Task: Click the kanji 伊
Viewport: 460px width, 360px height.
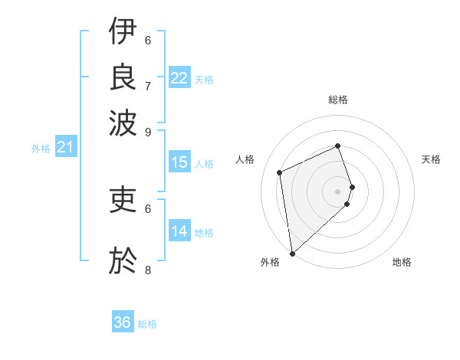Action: click(x=123, y=32)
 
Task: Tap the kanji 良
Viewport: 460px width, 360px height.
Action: click(x=123, y=76)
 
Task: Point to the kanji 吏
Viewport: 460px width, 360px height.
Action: click(x=123, y=201)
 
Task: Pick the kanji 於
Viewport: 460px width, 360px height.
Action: click(x=123, y=261)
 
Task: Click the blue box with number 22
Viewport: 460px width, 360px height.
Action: click(x=179, y=78)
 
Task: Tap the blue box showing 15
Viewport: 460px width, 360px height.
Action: click(x=179, y=162)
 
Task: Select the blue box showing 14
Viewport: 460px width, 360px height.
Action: click(x=179, y=231)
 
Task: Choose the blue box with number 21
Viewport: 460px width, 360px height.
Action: click(x=65, y=147)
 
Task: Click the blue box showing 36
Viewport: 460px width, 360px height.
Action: click(x=123, y=322)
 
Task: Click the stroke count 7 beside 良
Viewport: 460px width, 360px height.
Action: click(x=148, y=85)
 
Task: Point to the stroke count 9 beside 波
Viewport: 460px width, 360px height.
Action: click(x=148, y=131)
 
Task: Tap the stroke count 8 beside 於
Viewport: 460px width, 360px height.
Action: click(x=148, y=270)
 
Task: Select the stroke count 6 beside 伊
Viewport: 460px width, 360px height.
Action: click(x=148, y=40)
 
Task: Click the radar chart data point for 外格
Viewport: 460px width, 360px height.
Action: click(x=292, y=254)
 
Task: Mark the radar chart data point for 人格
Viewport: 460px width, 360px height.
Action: click(x=280, y=172)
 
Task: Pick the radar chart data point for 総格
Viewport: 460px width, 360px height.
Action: click(x=337, y=146)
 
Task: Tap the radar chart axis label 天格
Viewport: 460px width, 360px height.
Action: click(x=431, y=159)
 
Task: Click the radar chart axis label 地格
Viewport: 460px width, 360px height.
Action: click(x=402, y=262)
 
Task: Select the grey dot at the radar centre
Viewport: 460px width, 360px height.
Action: click(x=337, y=191)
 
